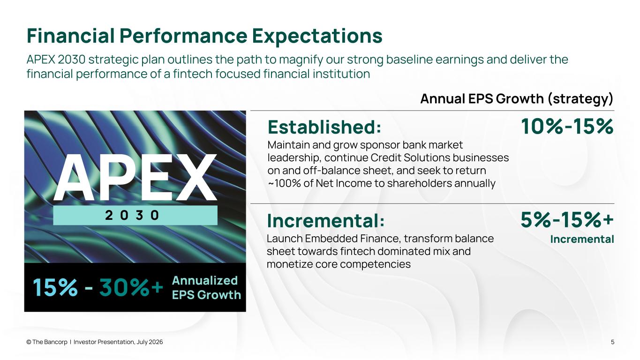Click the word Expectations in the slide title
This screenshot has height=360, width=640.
[x=317, y=36]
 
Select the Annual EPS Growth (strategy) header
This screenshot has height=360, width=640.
[x=517, y=99]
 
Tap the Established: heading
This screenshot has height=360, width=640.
[x=324, y=127]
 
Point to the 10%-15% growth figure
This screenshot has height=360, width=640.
[x=567, y=126]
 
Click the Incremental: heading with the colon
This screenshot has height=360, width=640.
[x=326, y=221]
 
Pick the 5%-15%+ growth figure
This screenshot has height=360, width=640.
[x=567, y=220]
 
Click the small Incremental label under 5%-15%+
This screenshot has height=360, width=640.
[x=582, y=240]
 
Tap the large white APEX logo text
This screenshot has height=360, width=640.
[x=135, y=177]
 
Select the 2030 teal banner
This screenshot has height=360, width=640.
[x=135, y=215]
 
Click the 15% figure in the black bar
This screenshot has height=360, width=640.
[x=55, y=287]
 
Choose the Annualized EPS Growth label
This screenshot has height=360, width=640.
[x=206, y=288]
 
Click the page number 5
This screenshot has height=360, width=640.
[x=612, y=342]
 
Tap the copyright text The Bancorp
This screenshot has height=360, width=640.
[x=47, y=342]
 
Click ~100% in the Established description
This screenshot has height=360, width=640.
[x=284, y=183]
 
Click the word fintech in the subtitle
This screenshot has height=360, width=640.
[x=192, y=74]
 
